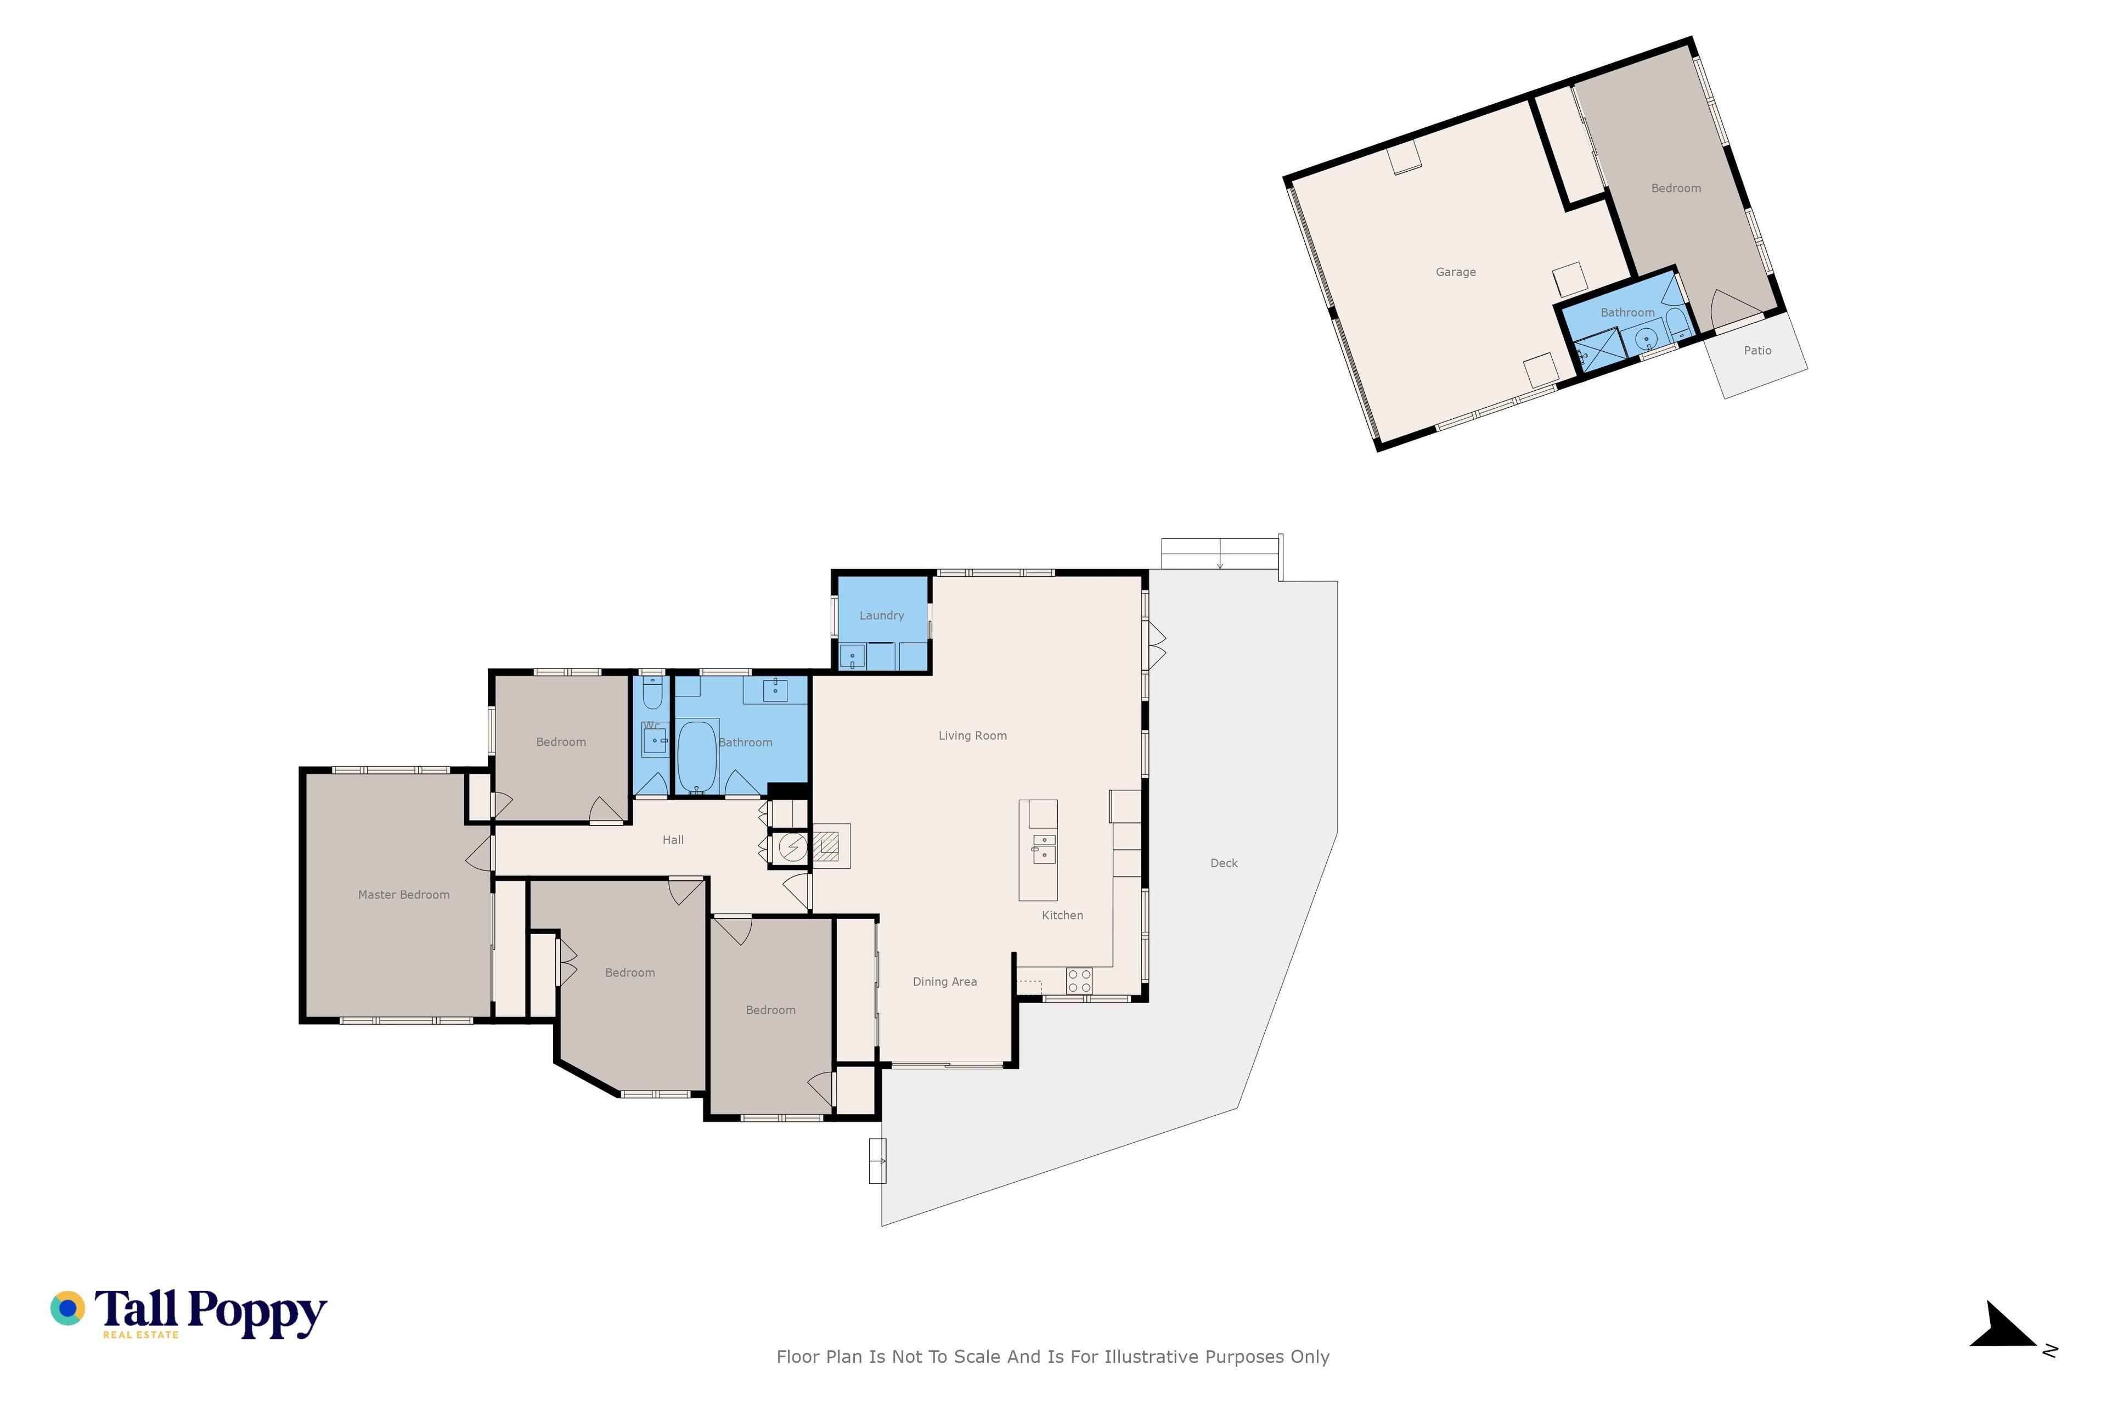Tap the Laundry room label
pos(882,616)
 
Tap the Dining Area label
pos(944,981)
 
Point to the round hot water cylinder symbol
pos(792,847)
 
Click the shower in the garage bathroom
pos(1601,350)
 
